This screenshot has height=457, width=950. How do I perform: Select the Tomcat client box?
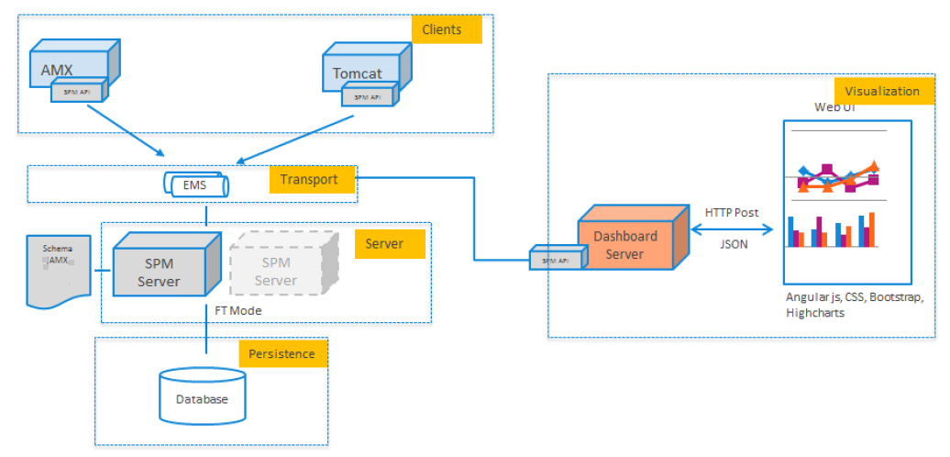tap(359, 69)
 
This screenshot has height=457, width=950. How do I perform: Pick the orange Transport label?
tap(310, 180)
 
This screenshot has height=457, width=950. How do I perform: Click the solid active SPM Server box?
tap(160, 267)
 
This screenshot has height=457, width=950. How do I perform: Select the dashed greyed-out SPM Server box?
tap(276, 267)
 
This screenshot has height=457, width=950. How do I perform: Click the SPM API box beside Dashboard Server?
tap(555, 260)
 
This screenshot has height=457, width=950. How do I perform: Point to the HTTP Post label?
tap(731, 212)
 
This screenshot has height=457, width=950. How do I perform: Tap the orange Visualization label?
tap(882, 91)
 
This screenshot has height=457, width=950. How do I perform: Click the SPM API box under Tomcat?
tap(370, 94)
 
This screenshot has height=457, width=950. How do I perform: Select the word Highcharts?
tap(814, 313)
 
